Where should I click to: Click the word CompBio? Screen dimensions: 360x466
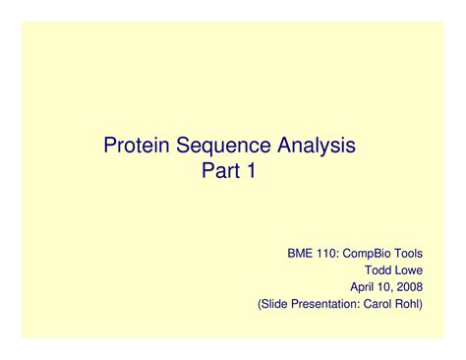click(371, 253)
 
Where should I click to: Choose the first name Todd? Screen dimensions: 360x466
click(380, 270)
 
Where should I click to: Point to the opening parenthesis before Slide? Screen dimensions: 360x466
click(261, 305)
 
